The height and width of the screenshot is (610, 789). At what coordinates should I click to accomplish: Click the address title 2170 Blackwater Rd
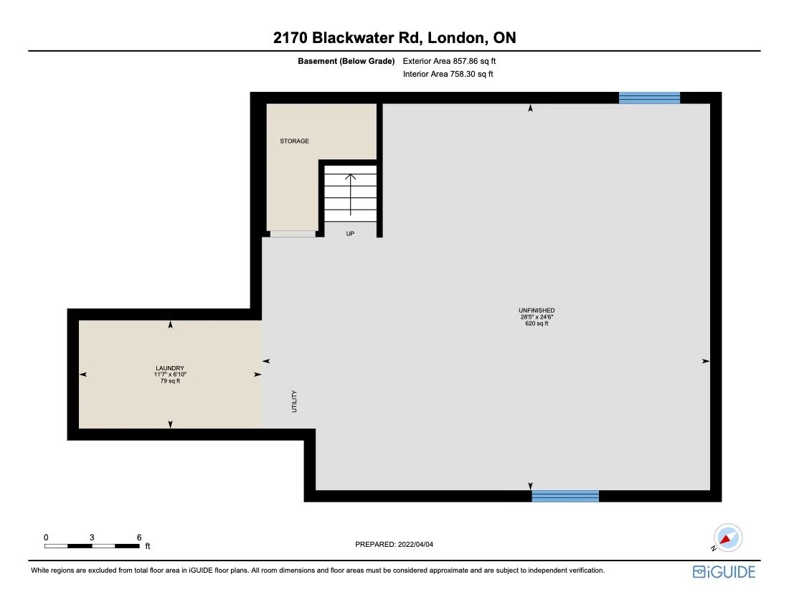394,37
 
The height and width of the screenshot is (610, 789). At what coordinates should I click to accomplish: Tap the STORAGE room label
294,141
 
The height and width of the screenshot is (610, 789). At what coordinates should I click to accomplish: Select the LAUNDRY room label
169,368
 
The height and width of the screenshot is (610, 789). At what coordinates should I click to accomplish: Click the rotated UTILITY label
294,401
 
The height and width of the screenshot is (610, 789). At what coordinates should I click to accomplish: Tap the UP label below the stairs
350,233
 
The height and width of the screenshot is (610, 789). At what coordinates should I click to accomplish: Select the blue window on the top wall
649,98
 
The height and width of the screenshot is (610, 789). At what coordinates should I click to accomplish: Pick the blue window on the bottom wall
564,496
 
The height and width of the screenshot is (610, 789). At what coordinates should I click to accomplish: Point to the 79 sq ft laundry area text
169,381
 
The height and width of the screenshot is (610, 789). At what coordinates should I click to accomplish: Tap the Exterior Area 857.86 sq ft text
449,62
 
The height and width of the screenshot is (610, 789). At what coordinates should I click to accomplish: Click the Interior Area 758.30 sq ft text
448,74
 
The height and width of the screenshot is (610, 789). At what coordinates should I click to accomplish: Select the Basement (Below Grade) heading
346,62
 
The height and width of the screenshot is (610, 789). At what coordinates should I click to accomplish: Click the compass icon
727,538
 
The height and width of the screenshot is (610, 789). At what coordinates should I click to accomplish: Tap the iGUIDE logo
724,572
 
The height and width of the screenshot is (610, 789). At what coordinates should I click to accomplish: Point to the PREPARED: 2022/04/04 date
394,545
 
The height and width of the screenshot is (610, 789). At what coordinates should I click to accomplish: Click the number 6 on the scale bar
138,537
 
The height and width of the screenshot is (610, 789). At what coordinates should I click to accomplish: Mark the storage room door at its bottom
292,234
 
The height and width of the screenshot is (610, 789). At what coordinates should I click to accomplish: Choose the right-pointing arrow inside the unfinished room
704,361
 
